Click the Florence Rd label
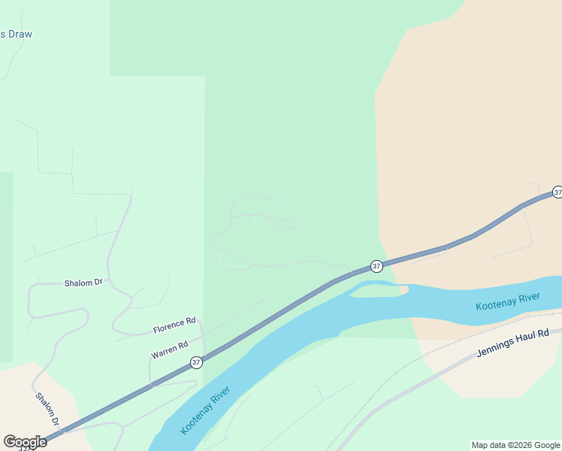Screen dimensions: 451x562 (x=174, y=325)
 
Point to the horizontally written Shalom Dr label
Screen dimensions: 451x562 (x=83, y=283)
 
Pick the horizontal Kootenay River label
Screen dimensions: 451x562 (x=507, y=302)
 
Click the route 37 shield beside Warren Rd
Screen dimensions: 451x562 (x=196, y=362)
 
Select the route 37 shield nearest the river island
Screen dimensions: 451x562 (x=376, y=266)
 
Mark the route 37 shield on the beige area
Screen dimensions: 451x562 (x=557, y=192)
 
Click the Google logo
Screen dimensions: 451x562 (x=25, y=442)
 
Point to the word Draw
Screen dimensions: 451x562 (x=20, y=34)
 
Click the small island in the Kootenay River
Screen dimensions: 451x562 (x=379, y=290)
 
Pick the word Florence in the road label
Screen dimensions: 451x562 (x=168, y=327)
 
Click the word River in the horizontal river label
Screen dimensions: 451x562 (x=528, y=298)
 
